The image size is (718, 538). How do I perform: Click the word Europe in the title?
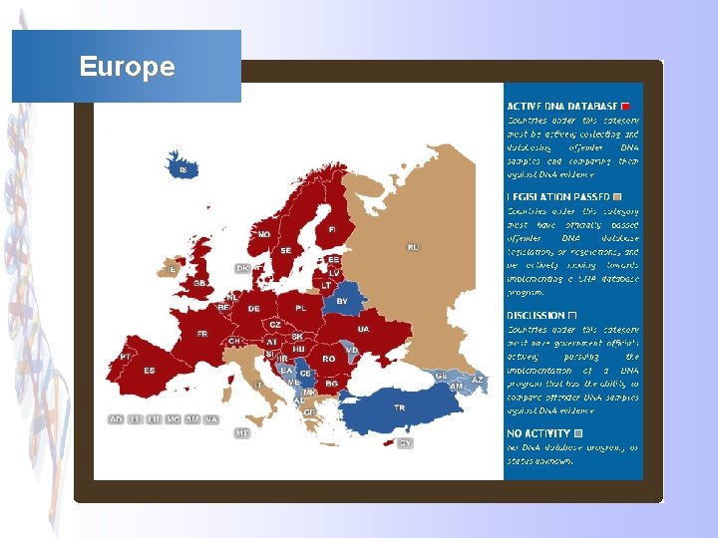(127, 67)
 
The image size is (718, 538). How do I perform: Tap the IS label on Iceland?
(182, 171)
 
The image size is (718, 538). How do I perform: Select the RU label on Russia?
(413, 247)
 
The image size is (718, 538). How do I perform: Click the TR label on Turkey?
(399, 407)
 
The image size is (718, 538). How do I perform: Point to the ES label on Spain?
(150, 371)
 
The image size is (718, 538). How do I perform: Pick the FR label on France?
(202, 334)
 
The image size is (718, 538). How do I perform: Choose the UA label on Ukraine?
(363, 329)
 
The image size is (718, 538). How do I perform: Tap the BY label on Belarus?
(342, 301)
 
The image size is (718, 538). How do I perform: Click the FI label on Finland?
(332, 230)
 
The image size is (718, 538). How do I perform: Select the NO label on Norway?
(263, 235)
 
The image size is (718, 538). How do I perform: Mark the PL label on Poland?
(300, 309)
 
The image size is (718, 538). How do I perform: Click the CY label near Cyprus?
(405, 443)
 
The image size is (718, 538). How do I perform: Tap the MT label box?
(242, 433)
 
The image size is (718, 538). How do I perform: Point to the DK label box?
(242, 268)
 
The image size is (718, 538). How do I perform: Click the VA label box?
(210, 419)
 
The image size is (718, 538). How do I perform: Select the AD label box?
(117, 419)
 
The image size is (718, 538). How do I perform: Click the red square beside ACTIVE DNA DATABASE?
(625, 106)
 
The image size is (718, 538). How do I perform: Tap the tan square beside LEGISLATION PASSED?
(618, 196)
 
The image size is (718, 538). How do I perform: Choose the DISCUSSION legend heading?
(536, 315)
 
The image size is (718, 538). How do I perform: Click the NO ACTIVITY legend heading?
(538, 433)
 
